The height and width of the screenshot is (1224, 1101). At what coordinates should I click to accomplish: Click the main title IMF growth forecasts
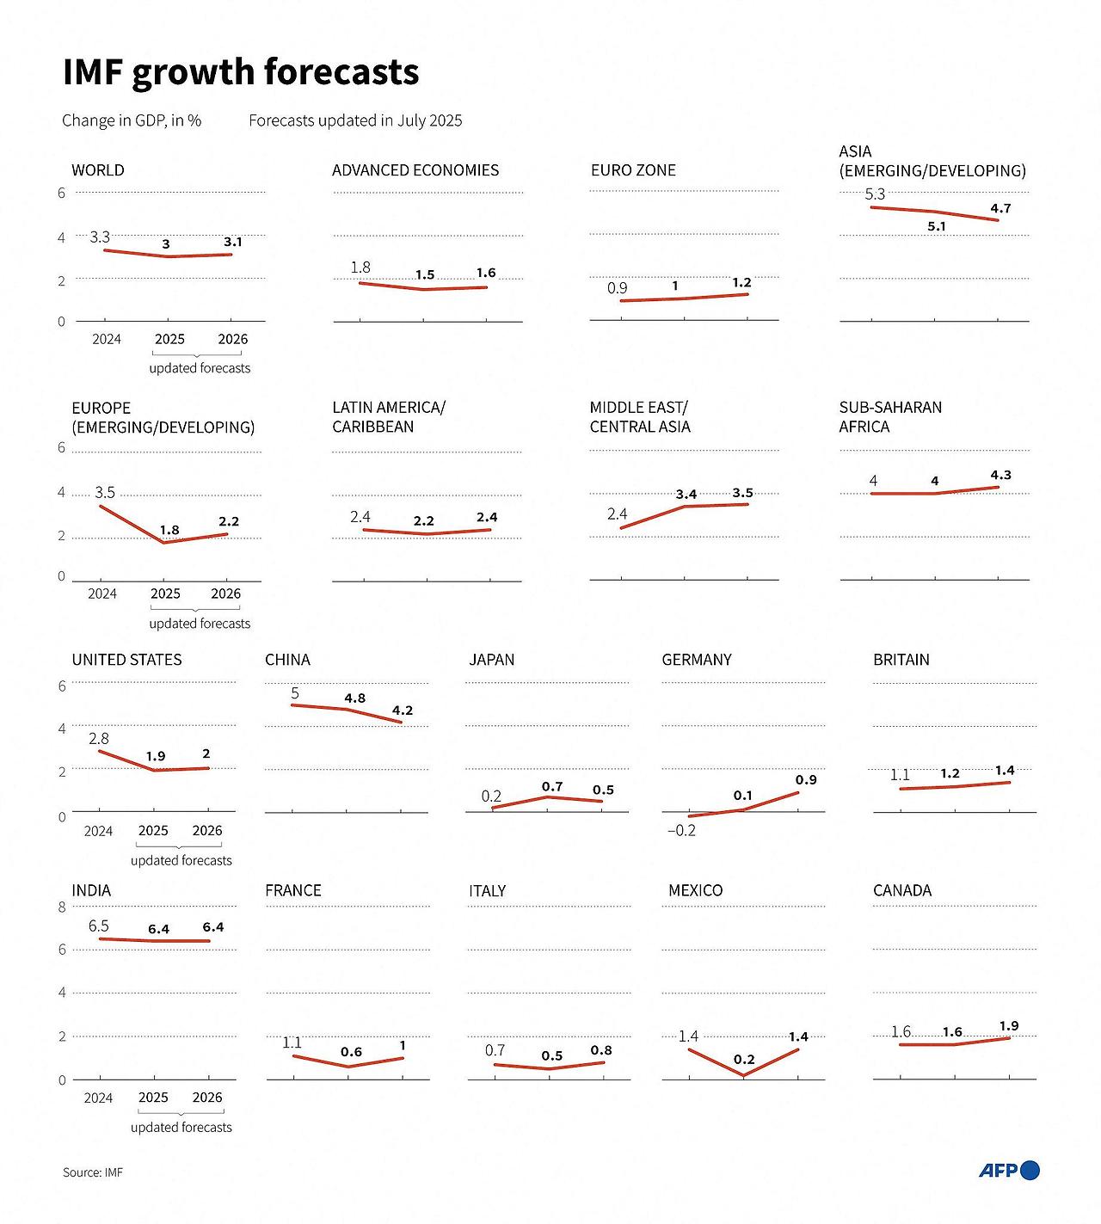click(241, 72)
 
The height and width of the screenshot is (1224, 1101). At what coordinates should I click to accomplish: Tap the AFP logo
click(1009, 1170)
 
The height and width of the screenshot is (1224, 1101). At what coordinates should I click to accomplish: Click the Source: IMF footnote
click(93, 1172)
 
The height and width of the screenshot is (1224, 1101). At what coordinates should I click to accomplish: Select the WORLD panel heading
click(98, 170)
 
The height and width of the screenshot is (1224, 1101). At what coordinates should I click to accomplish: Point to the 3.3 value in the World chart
click(100, 237)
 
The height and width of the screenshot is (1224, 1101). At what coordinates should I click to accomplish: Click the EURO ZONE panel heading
click(633, 170)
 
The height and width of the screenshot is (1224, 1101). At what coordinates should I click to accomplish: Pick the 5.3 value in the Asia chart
click(875, 194)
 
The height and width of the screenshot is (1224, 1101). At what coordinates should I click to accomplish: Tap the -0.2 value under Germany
click(681, 831)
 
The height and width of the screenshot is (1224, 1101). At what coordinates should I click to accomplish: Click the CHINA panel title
click(287, 660)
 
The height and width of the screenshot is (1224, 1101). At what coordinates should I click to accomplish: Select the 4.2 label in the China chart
click(403, 710)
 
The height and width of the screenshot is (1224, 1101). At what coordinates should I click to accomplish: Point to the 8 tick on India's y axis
click(62, 907)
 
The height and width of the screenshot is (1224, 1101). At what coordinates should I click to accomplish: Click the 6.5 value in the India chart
click(99, 926)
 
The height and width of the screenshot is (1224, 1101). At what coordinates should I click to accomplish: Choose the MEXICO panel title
click(695, 890)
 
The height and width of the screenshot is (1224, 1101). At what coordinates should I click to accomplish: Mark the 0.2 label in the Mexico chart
click(744, 1060)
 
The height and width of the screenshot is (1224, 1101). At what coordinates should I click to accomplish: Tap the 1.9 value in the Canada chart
click(1009, 1026)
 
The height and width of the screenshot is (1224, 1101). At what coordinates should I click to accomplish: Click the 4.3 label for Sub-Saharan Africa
click(1000, 475)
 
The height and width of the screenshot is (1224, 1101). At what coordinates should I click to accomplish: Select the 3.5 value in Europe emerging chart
click(105, 493)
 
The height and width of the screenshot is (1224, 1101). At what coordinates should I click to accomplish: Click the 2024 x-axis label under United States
click(98, 831)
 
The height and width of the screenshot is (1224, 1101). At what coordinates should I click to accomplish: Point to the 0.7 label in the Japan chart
click(552, 787)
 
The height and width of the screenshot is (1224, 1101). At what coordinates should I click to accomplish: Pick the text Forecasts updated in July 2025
click(355, 120)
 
